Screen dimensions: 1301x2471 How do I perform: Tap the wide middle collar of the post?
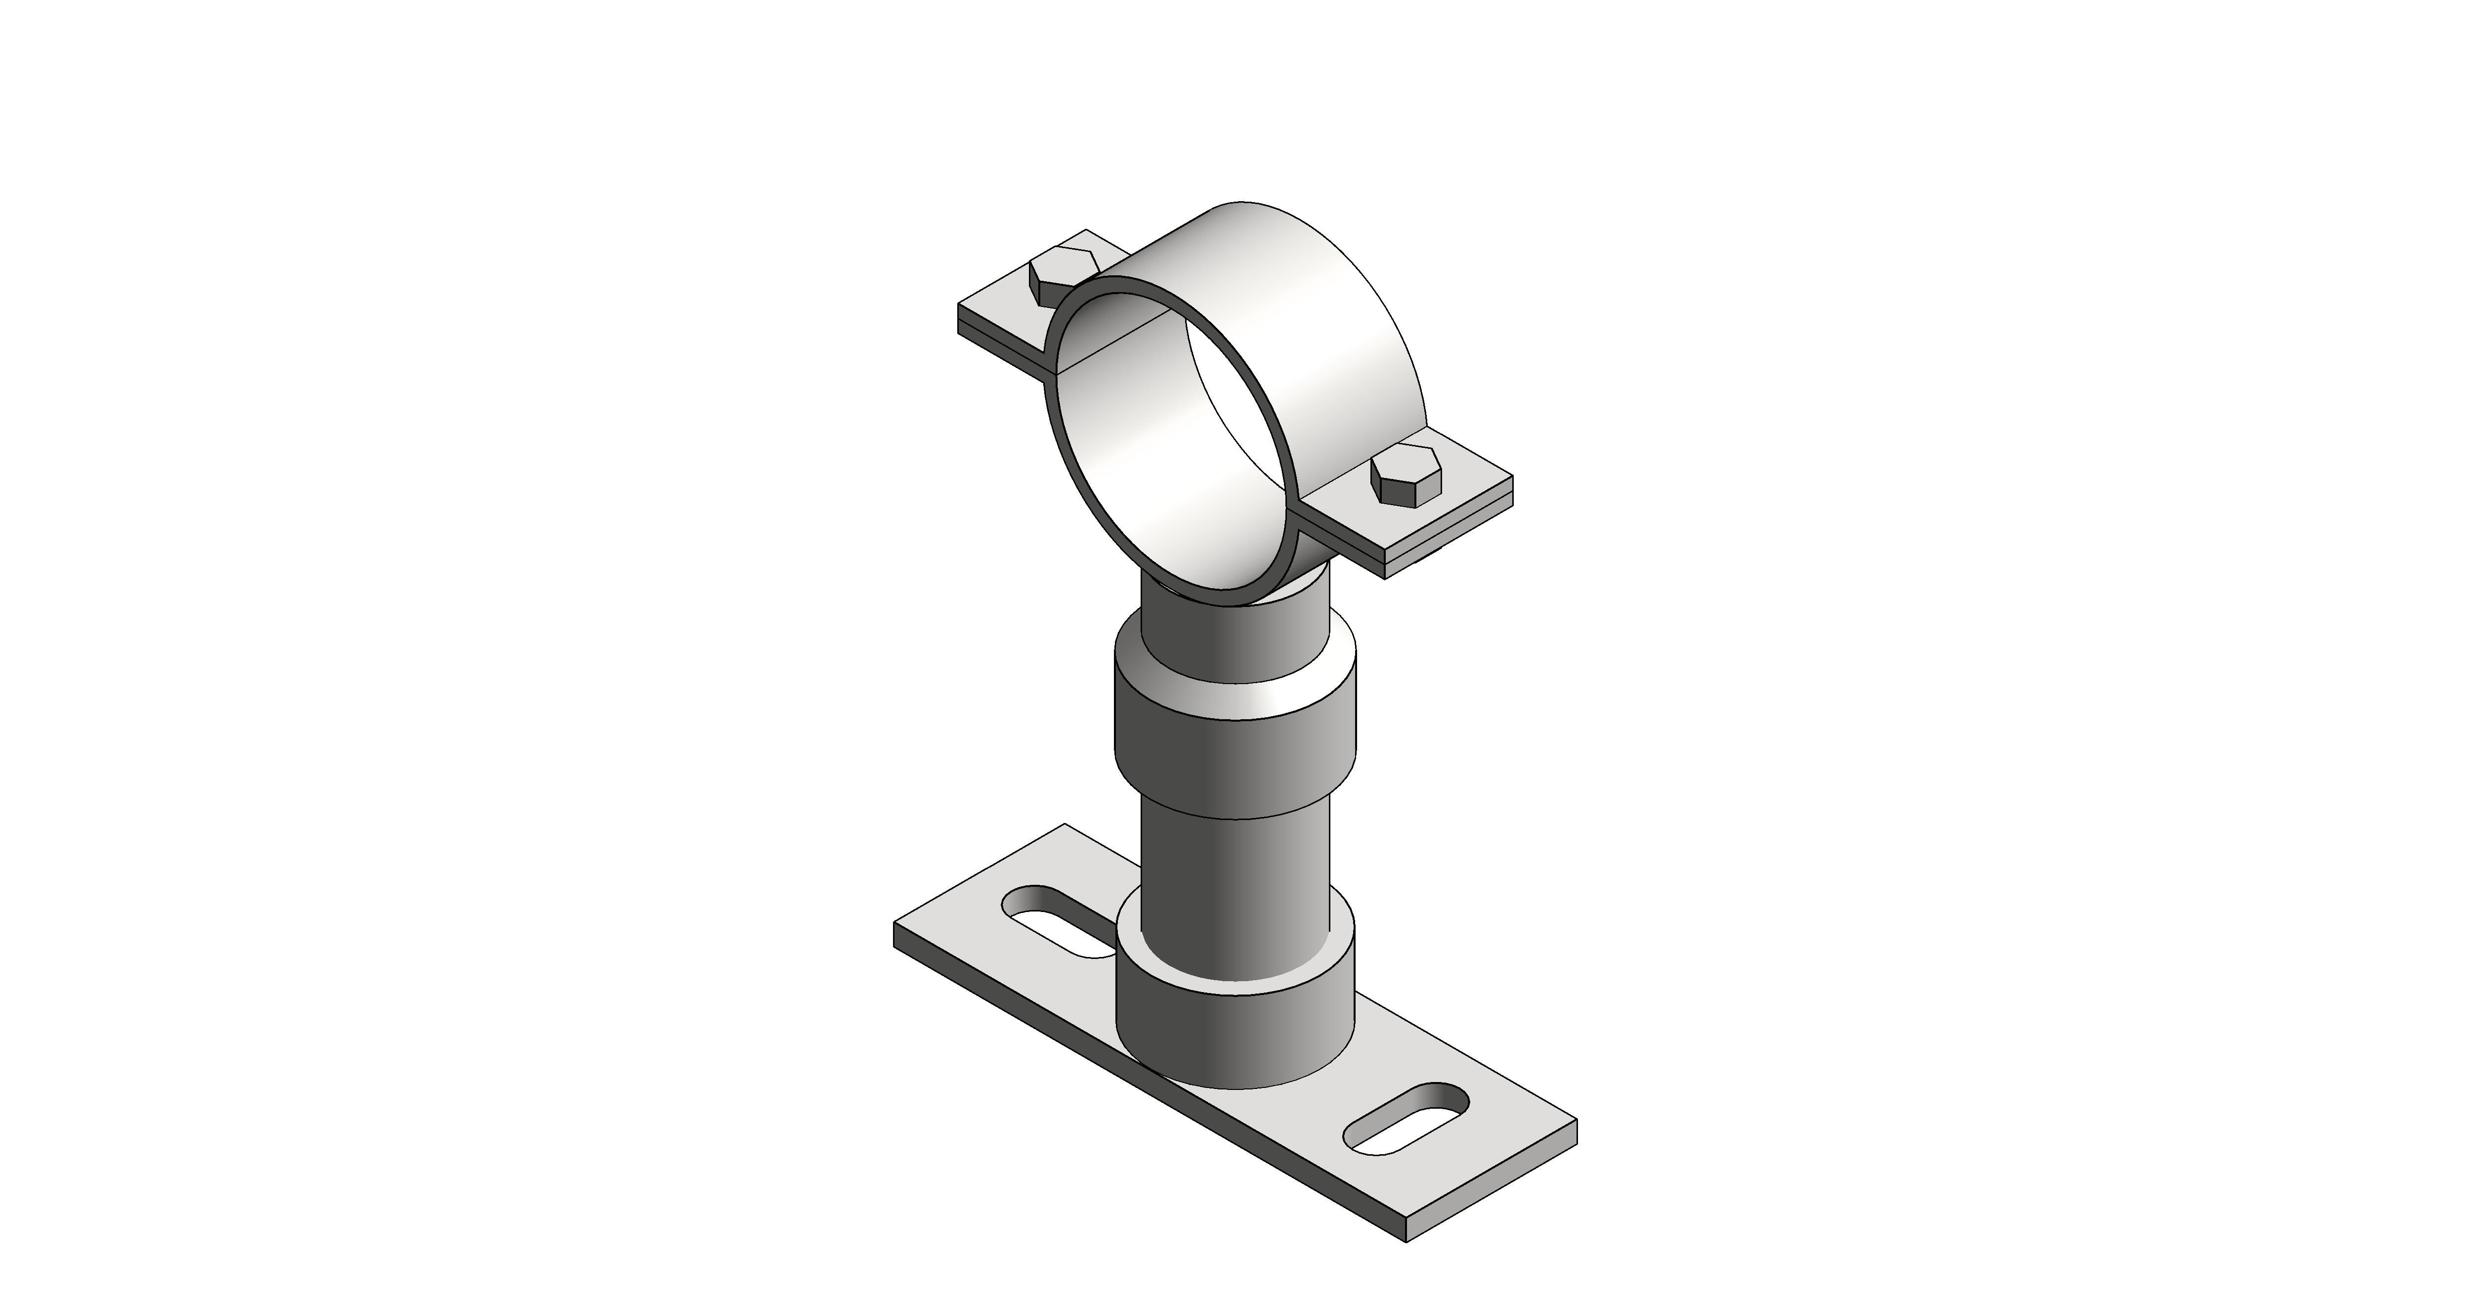coord(1237,758)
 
